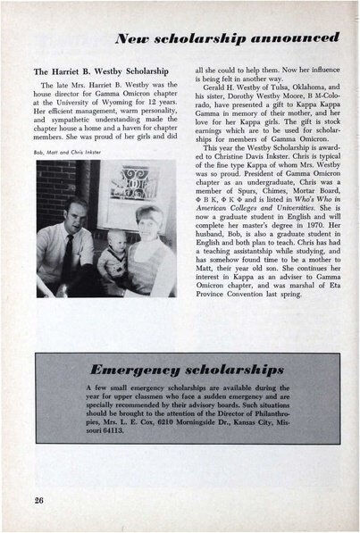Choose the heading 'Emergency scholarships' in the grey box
[x=179, y=366]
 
